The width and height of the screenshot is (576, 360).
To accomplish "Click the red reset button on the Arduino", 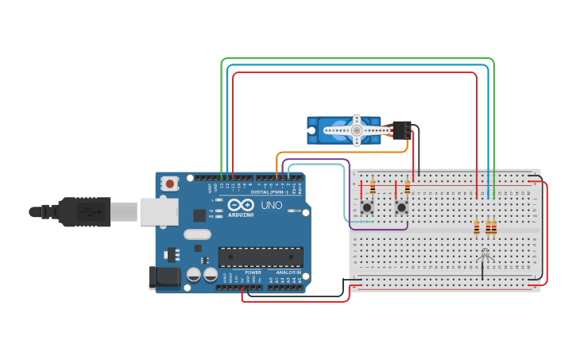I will tap(170, 184).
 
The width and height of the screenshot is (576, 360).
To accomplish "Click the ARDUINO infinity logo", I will tap(241, 205).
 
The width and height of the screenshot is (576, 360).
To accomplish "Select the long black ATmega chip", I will tap(261, 257).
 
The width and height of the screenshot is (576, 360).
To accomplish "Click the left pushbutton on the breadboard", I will tap(367, 207).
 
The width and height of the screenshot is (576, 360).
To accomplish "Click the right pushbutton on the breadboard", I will tap(402, 207).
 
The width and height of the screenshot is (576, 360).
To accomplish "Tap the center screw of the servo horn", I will tap(357, 130).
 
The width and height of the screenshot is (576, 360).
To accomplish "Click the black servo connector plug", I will tap(402, 130).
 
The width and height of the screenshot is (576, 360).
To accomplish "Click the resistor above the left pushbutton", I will tap(373, 188).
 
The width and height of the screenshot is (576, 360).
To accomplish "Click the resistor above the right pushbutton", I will tap(408, 188).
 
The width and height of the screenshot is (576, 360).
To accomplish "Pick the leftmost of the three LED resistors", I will tap(477, 228).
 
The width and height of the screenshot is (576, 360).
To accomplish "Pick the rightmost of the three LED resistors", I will tap(494, 228).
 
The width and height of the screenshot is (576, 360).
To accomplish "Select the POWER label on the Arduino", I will tap(253, 272).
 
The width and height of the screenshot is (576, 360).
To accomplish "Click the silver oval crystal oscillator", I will tap(197, 234).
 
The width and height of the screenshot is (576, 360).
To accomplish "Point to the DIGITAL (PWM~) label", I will tap(269, 192).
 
